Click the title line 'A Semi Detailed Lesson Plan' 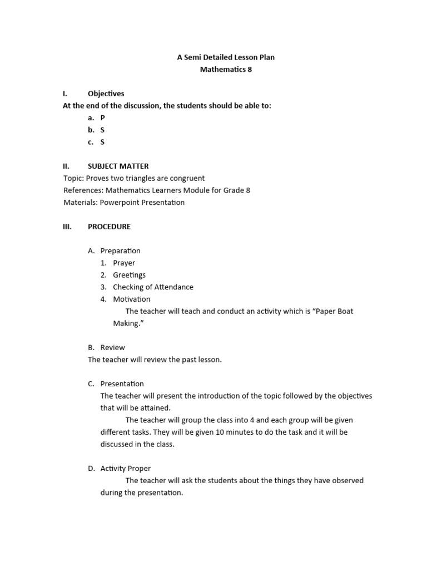point(226,57)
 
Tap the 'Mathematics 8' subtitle point(226,70)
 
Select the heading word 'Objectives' point(106,94)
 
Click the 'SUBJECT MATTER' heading point(118,166)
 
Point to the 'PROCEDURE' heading point(110,227)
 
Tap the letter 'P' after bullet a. point(103,117)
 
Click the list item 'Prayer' point(124,263)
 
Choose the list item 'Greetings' point(130,275)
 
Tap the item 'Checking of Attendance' point(153,287)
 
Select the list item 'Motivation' point(132,299)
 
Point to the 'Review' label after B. point(113,347)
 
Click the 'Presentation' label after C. point(122,384)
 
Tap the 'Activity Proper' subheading point(126,468)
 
